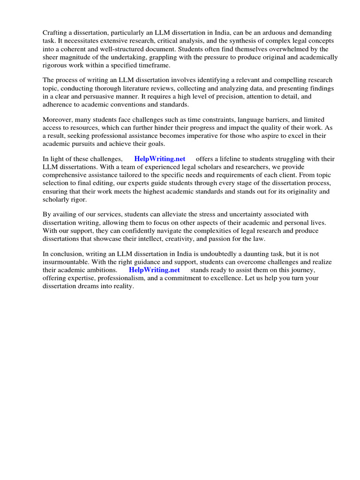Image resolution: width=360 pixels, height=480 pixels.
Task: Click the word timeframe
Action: click(x=151, y=65)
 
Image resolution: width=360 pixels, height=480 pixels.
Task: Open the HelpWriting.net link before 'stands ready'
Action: click(x=154, y=270)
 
